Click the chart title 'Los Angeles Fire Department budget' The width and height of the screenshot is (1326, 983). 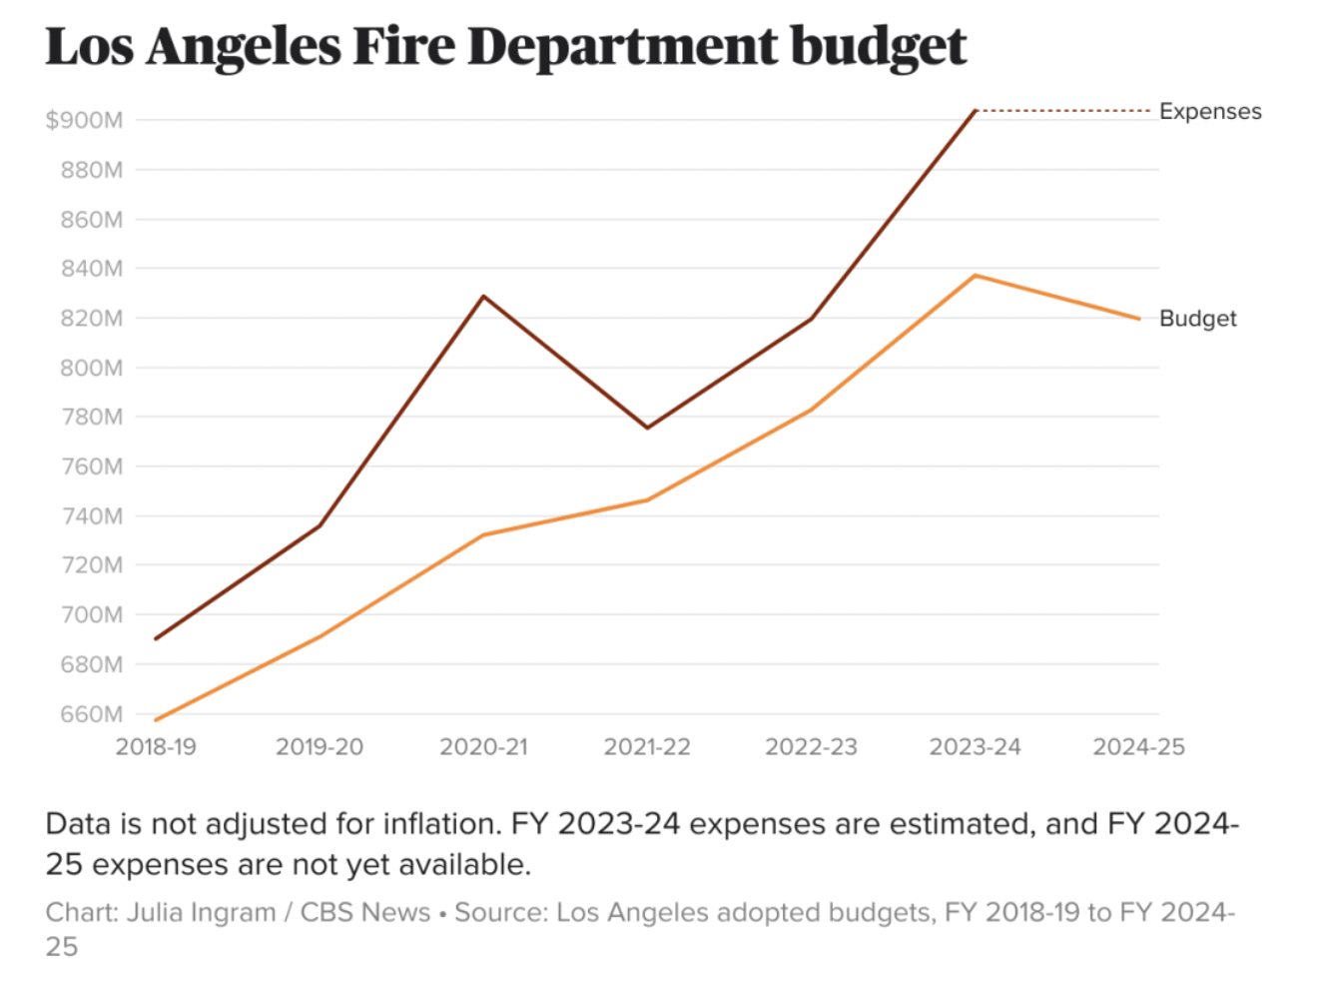[x=505, y=46]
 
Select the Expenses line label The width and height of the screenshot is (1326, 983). [x=1209, y=111]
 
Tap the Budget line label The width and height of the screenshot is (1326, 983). [x=1197, y=319]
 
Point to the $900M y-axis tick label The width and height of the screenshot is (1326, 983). [x=84, y=121]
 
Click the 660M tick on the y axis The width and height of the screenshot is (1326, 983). [x=91, y=714]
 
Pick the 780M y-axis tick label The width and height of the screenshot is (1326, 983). [x=91, y=417]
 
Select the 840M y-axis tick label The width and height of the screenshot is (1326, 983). [x=91, y=269]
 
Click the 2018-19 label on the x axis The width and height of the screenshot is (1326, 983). [x=156, y=747]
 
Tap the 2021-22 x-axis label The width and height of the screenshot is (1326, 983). [x=647, y=747]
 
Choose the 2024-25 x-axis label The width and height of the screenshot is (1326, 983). [x=1138, y=747]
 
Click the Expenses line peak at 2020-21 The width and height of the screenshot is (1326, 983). [x=483, y=296]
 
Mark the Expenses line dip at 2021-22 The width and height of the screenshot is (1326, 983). [x=647, y=428]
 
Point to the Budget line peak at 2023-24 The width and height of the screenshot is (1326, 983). [x=975, y=276]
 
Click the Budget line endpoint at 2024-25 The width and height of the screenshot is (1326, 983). [x=1138, y=319]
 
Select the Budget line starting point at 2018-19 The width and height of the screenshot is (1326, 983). [x=156, y=719]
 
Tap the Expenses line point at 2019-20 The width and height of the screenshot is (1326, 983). [x=320, y=525]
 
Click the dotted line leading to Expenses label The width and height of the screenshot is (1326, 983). [x=1063, y=111]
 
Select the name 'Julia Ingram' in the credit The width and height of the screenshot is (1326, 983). [x=201, y=913]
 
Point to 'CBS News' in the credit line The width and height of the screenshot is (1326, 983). [x=365, y=913]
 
